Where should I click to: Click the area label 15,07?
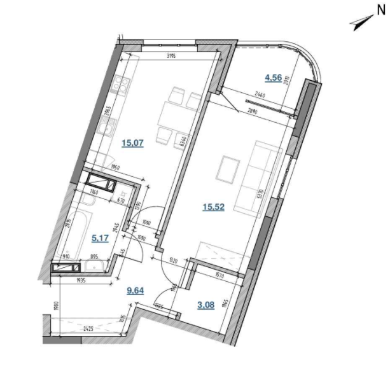[x=133, y=143]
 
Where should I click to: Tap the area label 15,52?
[x=213, y=207]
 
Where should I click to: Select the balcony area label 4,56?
[x=274, y=79]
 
